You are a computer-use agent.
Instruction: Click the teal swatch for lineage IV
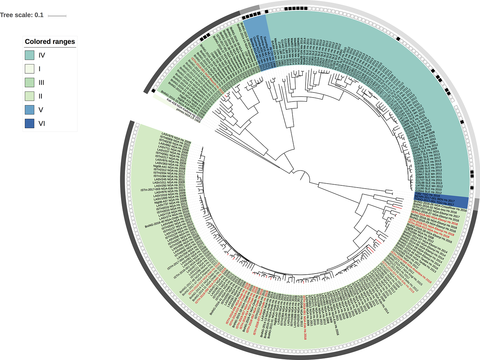(x=30, y=55)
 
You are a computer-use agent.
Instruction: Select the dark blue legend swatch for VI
(x=30, y=123)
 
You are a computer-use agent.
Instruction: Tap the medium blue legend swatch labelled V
(x=30, y=110)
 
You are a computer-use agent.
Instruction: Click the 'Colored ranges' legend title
(x=50, y=42)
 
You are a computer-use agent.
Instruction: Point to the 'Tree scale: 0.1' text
(x=22, y=15)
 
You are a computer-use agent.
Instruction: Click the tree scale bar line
(x=57, y=16)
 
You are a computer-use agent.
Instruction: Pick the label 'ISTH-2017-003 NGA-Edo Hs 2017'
(x=163, y=189)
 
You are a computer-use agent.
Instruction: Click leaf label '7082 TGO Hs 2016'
(x=427, y=195)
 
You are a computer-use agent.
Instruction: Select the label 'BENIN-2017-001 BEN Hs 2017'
(x=435, y=199)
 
